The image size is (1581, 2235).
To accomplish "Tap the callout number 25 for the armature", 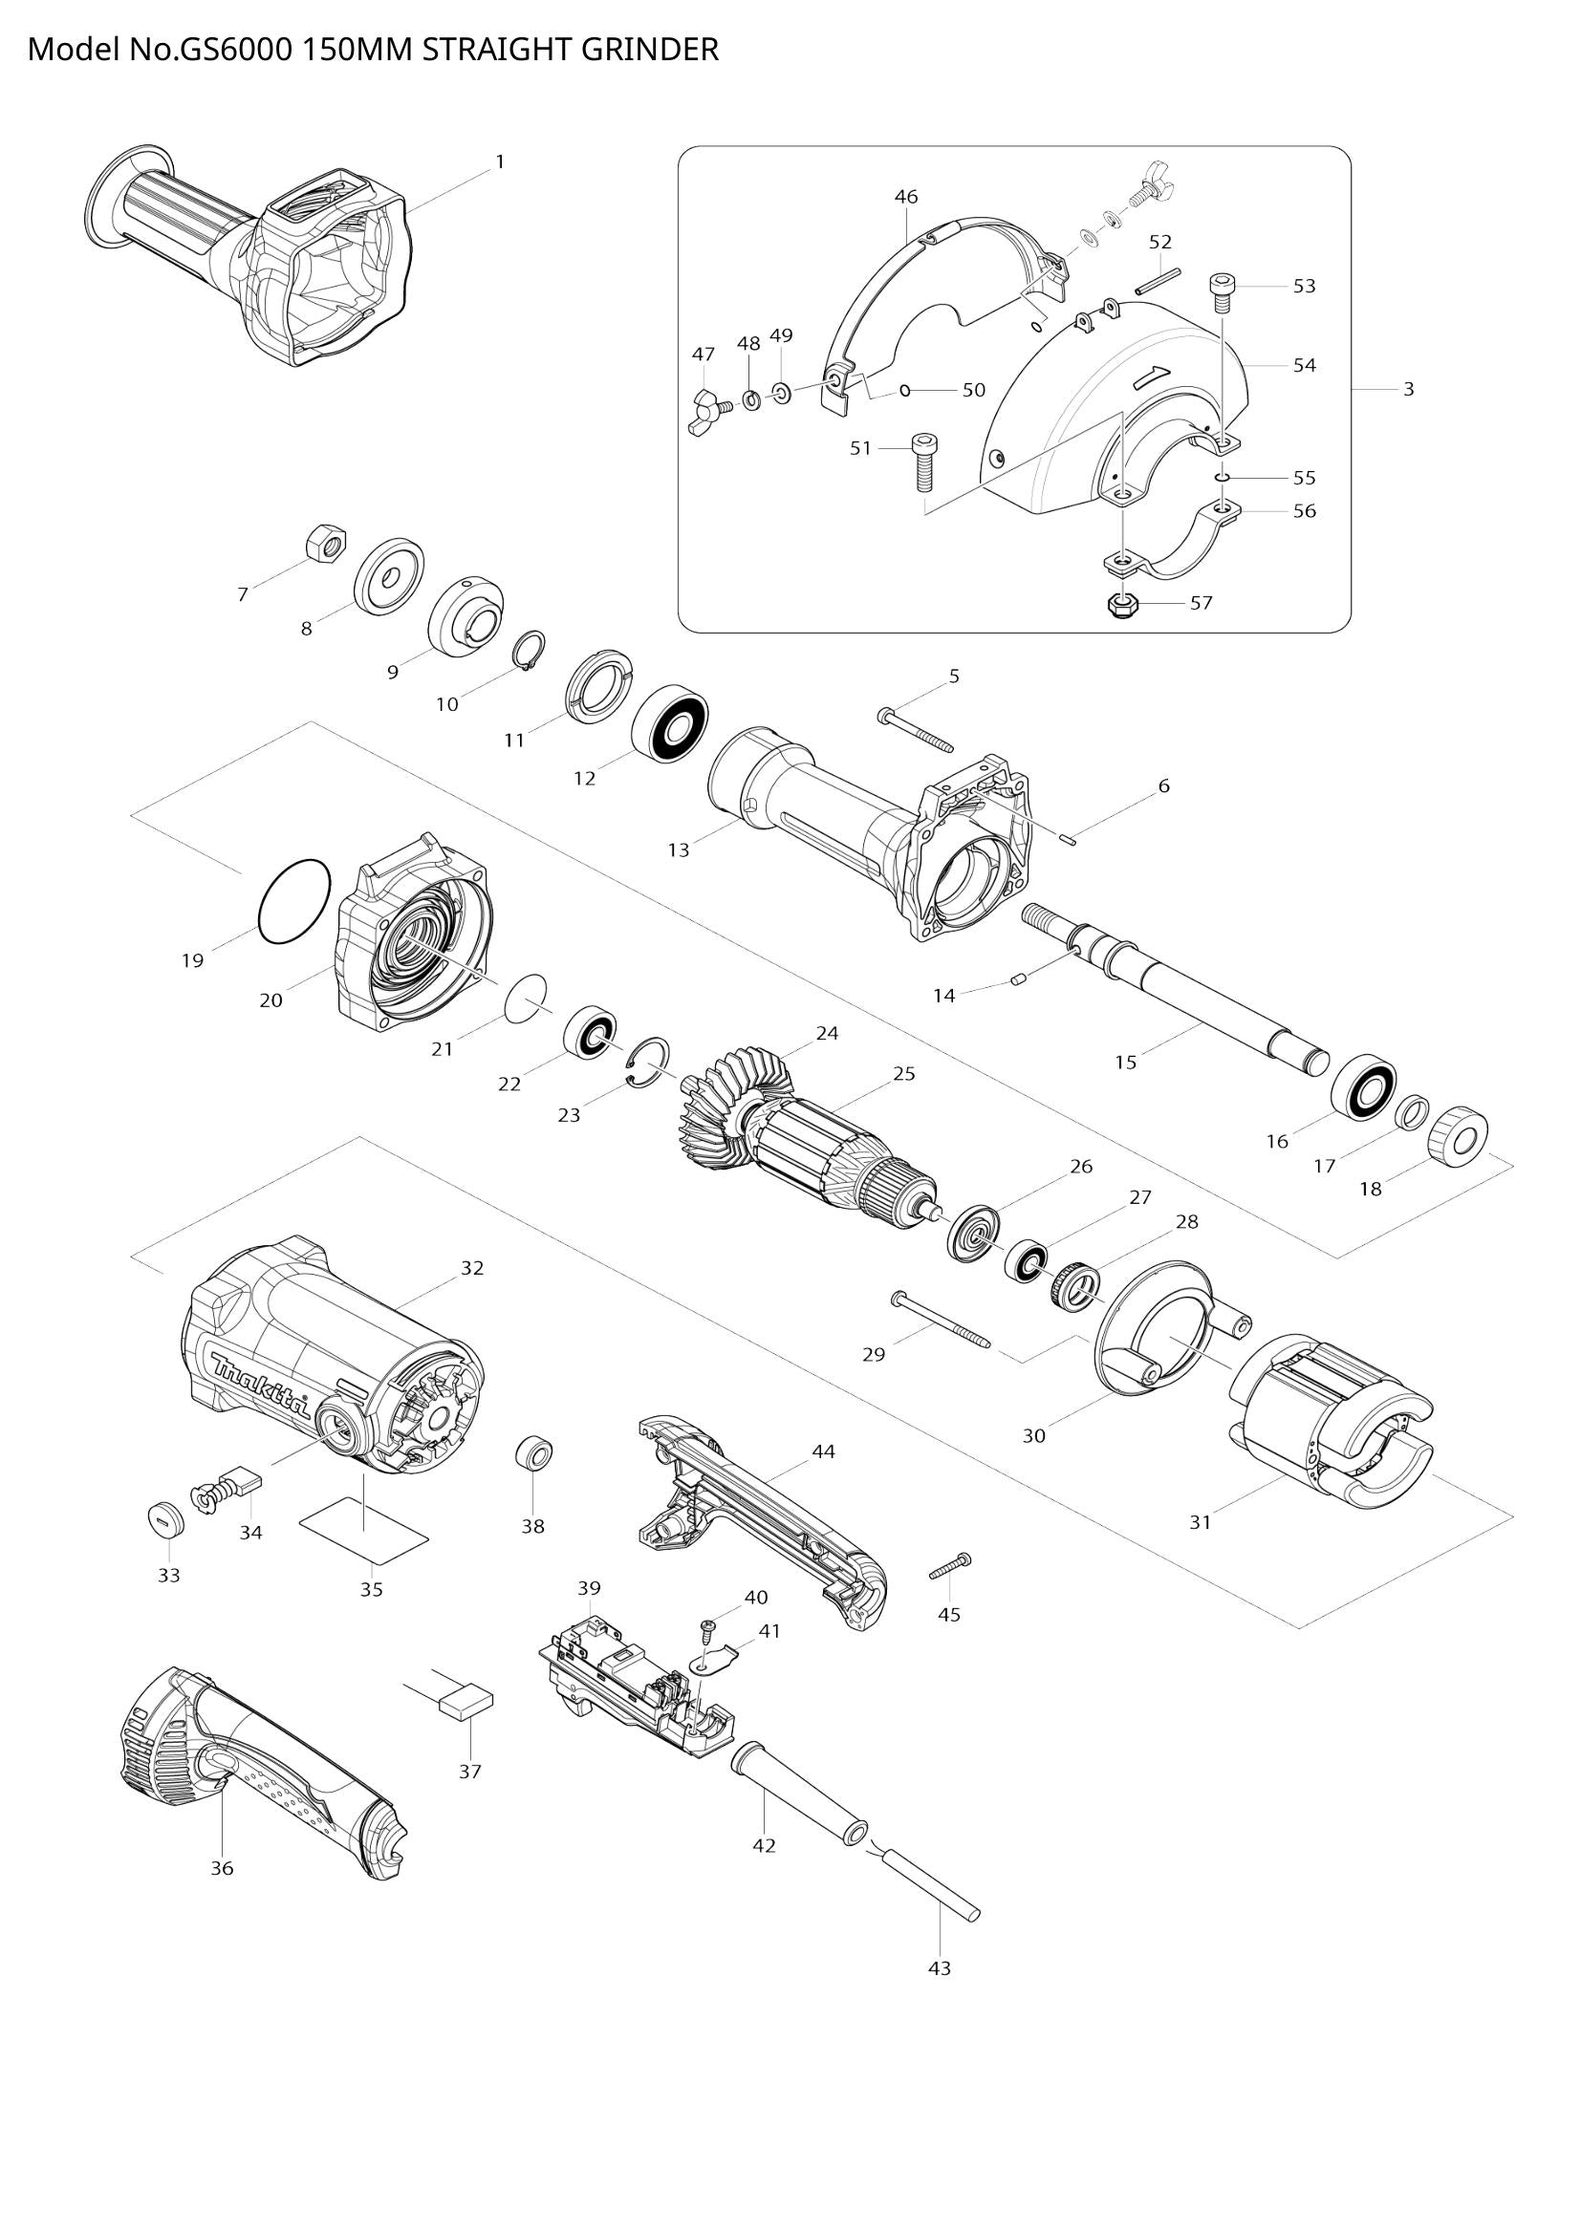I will click(x=903, y=1074).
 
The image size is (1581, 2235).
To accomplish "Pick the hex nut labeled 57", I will click(x=1122, y=605).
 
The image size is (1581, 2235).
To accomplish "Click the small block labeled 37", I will click(x=466, y=1702).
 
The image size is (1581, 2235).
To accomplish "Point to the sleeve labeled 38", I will click(x=533, y=1454).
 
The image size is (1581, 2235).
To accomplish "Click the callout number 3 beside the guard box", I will click(x=1408, y=389).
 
